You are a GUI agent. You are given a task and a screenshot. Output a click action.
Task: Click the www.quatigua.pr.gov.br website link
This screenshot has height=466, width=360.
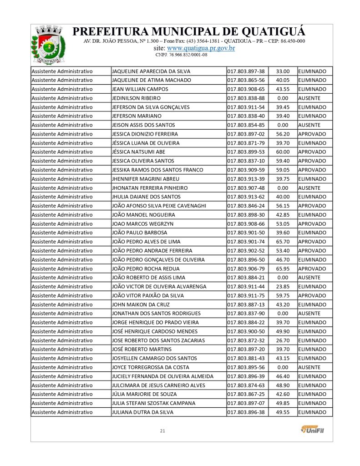click(201, 48)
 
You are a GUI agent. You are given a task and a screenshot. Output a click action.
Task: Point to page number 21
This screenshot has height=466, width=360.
click(162, 431)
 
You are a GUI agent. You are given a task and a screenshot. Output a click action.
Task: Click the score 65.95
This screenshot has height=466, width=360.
click(283, 268)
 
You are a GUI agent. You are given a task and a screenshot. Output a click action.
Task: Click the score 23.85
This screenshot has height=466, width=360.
click(283, 286)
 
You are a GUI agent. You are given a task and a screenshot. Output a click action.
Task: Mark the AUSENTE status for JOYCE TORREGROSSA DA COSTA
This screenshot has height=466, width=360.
click(309, 367)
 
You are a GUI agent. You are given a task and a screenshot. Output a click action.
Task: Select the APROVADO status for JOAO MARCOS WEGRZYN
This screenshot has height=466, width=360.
click(312, 223)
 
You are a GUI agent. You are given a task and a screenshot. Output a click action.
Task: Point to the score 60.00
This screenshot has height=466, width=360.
click(283, 152)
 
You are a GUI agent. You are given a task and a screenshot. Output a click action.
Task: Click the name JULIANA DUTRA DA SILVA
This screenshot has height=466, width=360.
click(142, 412)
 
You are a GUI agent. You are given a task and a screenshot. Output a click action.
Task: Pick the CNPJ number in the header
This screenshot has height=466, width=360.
click(181, 55)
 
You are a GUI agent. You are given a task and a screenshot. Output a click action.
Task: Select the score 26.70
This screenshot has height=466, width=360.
click(283, 340)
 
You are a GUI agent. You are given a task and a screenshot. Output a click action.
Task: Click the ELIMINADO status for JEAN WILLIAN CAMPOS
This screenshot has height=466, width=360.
click(312, 89)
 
